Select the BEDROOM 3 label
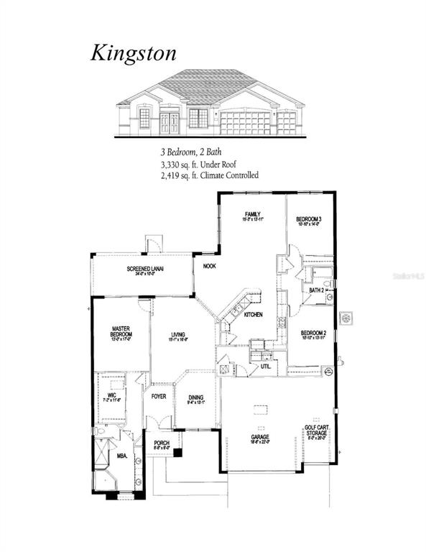310,218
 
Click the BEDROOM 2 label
313,333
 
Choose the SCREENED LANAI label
146,269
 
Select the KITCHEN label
252,315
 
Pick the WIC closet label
112,395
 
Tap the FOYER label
158,394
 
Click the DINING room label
195,397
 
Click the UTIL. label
265,366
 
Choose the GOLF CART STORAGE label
316,430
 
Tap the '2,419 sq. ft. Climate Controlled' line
209,175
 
